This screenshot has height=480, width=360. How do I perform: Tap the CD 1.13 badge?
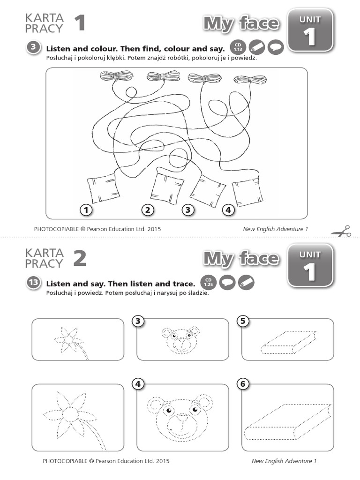tap(238, 47)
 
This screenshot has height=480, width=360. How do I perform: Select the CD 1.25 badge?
tap(208, 282)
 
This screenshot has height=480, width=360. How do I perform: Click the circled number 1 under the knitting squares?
tap(86, 210)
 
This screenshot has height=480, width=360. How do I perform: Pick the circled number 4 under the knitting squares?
tap(228, 210)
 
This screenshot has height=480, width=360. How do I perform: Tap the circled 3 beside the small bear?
tap(138, 321)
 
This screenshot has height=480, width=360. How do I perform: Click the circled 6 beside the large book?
tap(243, 384)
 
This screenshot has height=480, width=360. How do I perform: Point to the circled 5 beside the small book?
tap(243, 321)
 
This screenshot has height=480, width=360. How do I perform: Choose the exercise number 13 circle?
tap(33, 282)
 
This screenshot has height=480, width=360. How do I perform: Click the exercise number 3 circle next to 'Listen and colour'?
tap(33, 47)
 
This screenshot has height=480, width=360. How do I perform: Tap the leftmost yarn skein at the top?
tap(116, 75)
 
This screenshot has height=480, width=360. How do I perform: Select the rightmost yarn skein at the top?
tap(250, 80)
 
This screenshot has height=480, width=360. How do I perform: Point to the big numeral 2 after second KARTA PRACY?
tap(80, 258)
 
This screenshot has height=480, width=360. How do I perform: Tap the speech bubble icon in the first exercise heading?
tap(276, 47)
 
